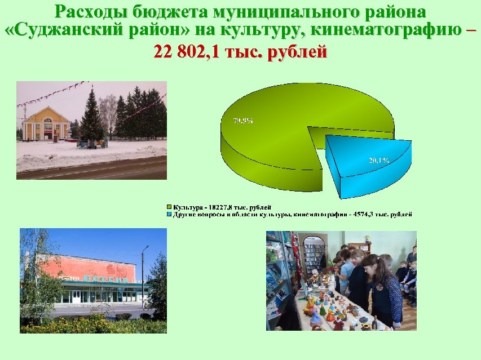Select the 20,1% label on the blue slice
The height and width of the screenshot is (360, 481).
click(379, 161)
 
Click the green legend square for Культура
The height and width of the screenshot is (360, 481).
click(169, 208)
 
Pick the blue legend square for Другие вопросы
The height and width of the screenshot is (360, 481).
click(169, 215)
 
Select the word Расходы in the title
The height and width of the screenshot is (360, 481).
click(91, 11)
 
